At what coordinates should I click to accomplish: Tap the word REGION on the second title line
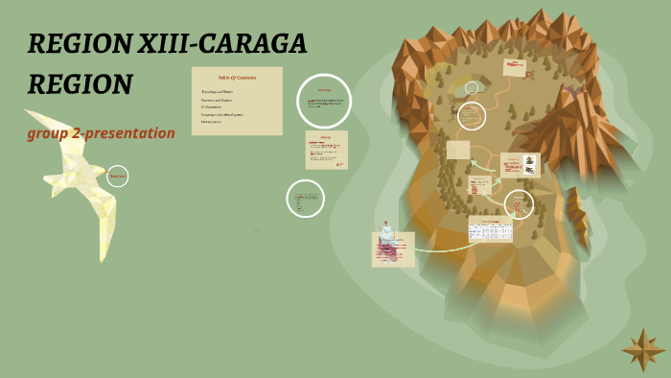click(80, 85)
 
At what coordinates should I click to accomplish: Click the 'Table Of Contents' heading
click(237, 77)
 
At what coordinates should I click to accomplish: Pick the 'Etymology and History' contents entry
click(220, 92)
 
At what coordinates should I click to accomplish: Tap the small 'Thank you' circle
click(117, 176)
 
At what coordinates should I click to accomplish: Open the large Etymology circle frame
click(324, 101)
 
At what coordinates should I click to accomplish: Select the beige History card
click(326, 150)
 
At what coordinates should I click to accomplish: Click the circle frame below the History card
click(306, 199)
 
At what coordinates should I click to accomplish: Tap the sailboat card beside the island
click(393, 248)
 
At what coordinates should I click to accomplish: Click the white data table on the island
click(490, 229)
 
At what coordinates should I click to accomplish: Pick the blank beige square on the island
click(458, 150)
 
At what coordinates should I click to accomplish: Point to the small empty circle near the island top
click(472, 88)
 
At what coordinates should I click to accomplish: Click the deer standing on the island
click(453, 109)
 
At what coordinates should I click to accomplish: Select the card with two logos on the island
click(521, 165)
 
